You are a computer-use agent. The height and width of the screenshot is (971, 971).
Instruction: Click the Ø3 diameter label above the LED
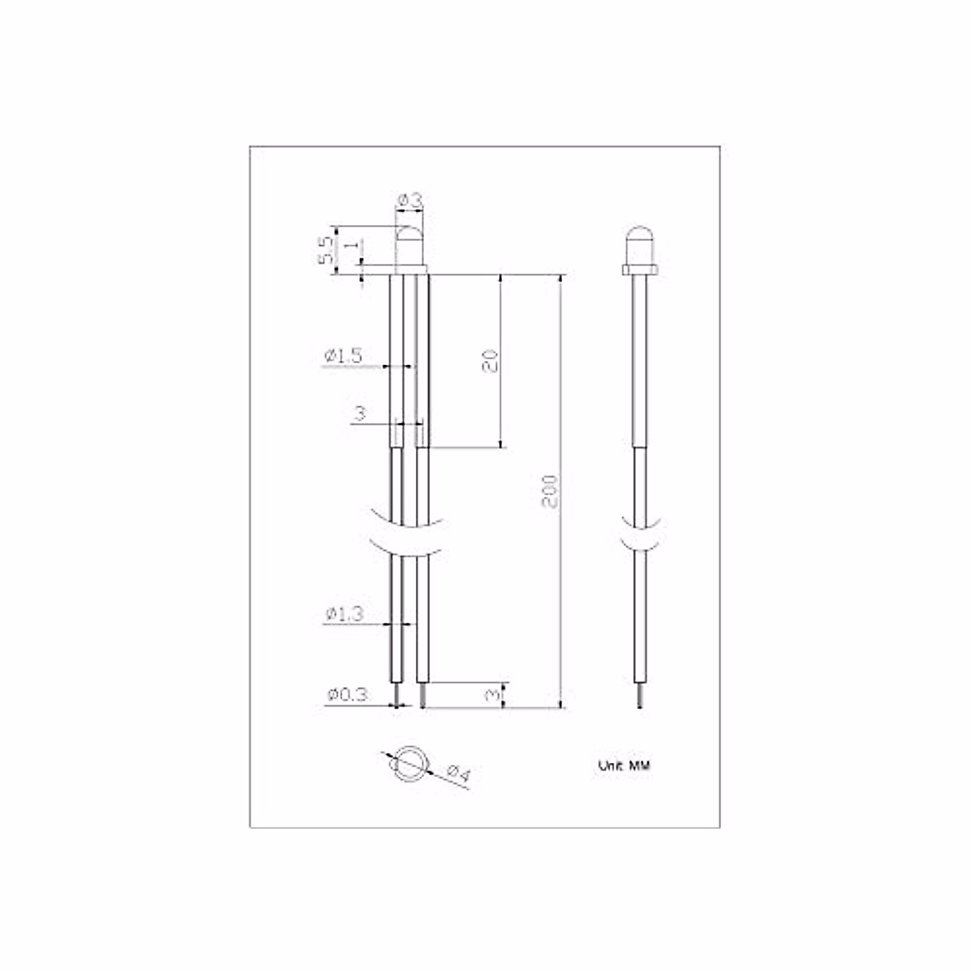tap(409, 201)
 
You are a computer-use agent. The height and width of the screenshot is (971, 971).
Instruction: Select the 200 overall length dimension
tap(550, 491)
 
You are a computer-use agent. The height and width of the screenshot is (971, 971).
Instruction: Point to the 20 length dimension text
tap(490, 360)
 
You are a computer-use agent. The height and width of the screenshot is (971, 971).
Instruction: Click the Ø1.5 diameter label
tap(343, 356)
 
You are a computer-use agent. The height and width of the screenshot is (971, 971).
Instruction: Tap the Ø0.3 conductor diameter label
tap(348, 695)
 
